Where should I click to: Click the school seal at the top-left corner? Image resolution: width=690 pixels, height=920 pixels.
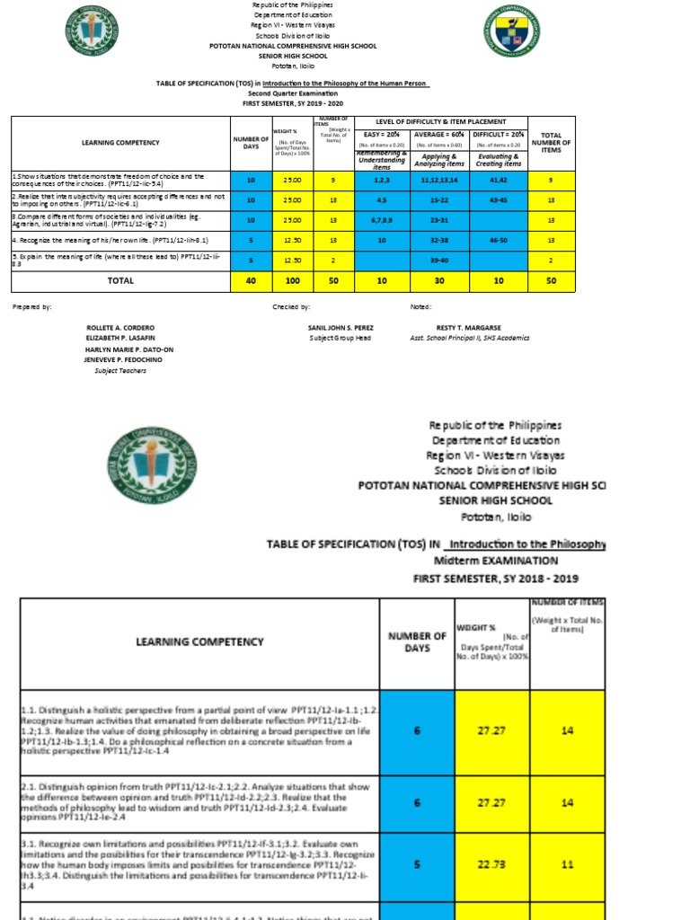coord(91,31)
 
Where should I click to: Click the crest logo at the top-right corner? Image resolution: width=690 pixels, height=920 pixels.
coord(511,30)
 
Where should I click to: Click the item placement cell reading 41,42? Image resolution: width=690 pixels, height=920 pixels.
coord(498,181)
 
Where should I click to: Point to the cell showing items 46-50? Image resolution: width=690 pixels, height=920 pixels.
coord(498,241)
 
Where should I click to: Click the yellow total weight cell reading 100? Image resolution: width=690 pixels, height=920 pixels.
coord(292,281)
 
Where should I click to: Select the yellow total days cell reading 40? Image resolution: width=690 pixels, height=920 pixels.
coord(251,281)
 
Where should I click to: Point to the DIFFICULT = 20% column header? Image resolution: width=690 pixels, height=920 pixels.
coord(498,133)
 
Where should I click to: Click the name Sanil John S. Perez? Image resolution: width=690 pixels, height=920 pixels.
coord(341,328)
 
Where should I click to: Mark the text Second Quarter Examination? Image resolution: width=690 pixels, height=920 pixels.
coord(293,93)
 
